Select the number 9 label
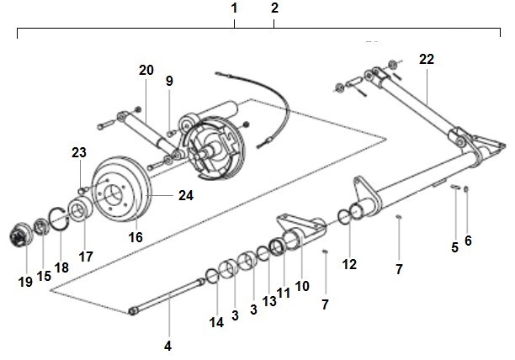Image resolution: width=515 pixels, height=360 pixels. [x=169, y=81]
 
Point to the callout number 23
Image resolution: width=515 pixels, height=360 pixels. [x=79, y=153]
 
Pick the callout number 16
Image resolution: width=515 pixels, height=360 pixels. [x=135, y=238]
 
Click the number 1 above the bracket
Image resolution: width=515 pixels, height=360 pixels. [x=235, y=8]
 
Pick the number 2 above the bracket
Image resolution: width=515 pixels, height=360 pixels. [x=274, y=8]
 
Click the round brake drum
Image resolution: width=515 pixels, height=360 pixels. [x=120, y=192]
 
